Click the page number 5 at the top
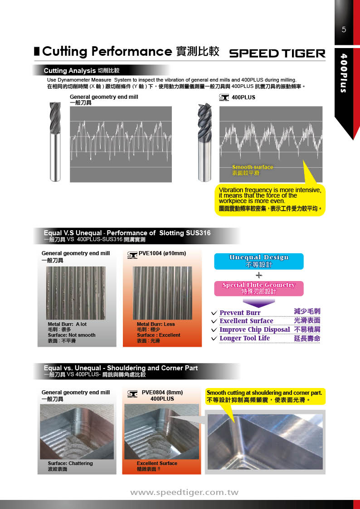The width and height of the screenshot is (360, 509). [344, 30]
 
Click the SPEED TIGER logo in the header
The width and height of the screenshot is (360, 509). [277, 53]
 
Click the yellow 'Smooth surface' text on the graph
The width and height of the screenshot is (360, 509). [253, 167]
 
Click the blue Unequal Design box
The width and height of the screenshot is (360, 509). [258, 261]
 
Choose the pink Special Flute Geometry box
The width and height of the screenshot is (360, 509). [258, 288]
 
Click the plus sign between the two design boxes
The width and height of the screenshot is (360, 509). [258, 275]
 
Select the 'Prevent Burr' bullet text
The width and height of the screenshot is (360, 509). [240, 313]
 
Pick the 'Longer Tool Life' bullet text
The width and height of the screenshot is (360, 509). [244, 338]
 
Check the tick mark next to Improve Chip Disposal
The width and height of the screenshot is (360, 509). [214, 330]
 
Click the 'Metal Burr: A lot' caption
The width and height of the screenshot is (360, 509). [67, 324]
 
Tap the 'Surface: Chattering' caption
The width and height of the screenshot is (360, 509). [70, 463]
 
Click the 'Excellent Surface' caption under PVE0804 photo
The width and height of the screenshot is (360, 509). [157, 463]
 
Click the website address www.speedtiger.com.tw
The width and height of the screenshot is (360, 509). [184, 492]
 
